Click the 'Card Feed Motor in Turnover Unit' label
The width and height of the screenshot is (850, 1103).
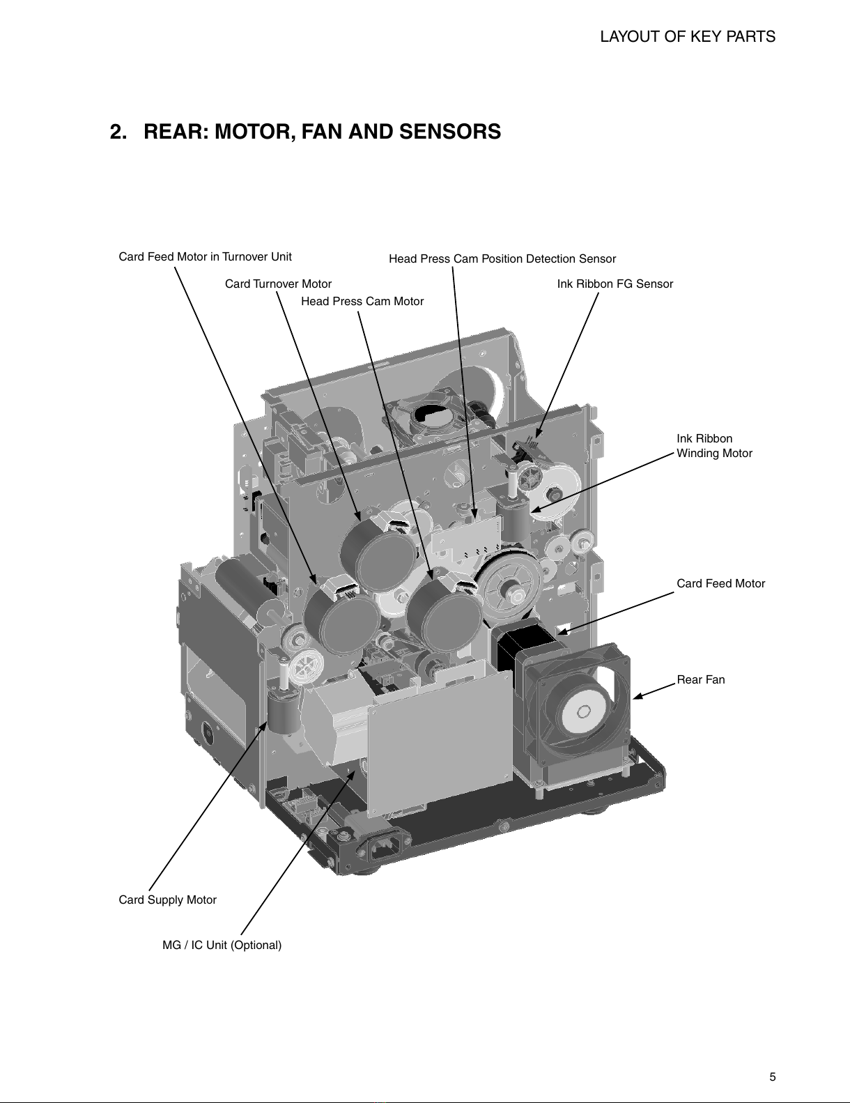point(205,257)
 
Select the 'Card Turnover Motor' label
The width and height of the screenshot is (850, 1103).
point(278,284)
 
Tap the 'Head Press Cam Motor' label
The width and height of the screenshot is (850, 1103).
point(362,301)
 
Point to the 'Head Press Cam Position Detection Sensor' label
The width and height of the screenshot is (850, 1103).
point(502,259)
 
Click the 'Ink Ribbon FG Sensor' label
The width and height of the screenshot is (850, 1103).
point(615,284)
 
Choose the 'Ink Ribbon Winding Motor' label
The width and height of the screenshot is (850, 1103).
point(715,446)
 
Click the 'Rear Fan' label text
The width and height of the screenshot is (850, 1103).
point(701,679)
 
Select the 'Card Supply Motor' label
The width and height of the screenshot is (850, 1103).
point(167,900)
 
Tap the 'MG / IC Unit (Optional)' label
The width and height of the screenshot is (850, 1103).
point(222,945)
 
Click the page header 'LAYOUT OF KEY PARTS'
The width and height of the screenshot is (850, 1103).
point(688,36)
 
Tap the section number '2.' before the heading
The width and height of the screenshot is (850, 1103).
point(118,132)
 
